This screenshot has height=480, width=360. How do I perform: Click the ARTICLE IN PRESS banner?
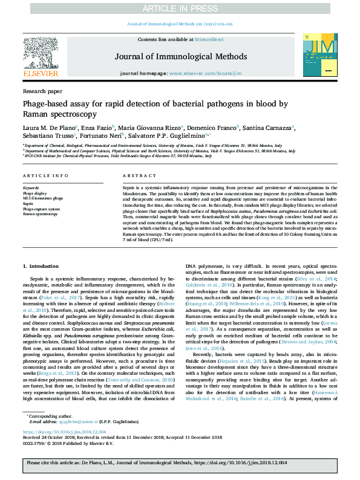pos(180,8)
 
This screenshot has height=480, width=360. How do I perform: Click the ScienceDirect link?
pos(209,39)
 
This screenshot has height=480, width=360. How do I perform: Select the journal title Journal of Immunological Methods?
pos(179,56)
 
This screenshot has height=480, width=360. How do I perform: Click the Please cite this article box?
pos(180,462)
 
